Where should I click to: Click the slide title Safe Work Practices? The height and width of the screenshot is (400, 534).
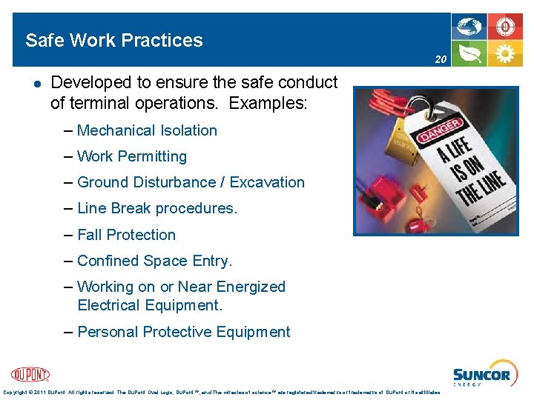pos(113,40)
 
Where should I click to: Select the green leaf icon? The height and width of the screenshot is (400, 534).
pos(469,54)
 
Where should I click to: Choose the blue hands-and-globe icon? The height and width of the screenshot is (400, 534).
pos(469,28)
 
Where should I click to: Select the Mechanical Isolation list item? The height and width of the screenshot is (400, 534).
pos(147,130)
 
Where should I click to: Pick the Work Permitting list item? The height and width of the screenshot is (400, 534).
pos(131,156)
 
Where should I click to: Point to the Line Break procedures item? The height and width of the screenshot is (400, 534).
pos(156,208)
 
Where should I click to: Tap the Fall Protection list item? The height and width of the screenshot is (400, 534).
pos(126,235)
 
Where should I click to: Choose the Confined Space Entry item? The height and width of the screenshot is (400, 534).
pos(154,261)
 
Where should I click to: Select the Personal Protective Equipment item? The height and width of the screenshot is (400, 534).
pos(183,332)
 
